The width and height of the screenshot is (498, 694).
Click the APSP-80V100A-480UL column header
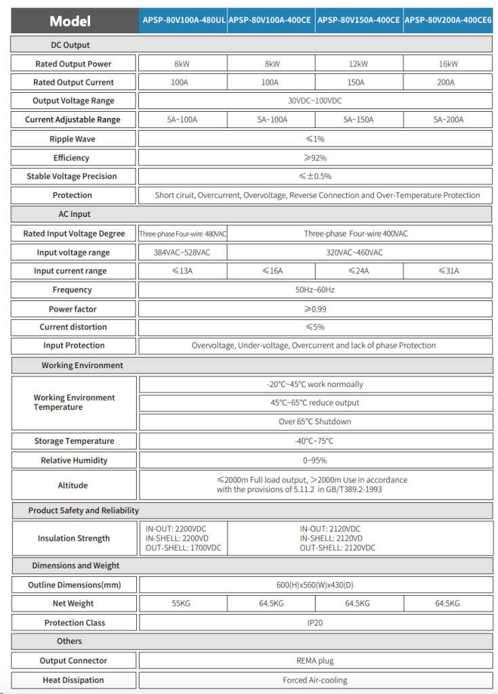coord(184,20)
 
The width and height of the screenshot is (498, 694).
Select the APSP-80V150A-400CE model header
coord(358,20)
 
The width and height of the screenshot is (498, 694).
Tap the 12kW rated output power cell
coord(358,64)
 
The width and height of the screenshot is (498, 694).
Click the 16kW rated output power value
coord(449,64)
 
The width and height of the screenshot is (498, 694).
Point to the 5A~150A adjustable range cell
coord(358,120)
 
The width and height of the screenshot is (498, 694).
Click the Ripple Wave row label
coord(72,139)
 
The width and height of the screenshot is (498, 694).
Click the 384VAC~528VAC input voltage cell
coord(182,253)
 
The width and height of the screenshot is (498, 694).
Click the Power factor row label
coord(72,309)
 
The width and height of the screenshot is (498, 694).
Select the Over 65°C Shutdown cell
coord(314,422)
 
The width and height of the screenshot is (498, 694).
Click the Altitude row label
coord(72,485)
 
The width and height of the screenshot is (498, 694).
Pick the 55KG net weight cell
coord(182,603)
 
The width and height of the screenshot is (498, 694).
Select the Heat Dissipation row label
coord(73,680)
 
